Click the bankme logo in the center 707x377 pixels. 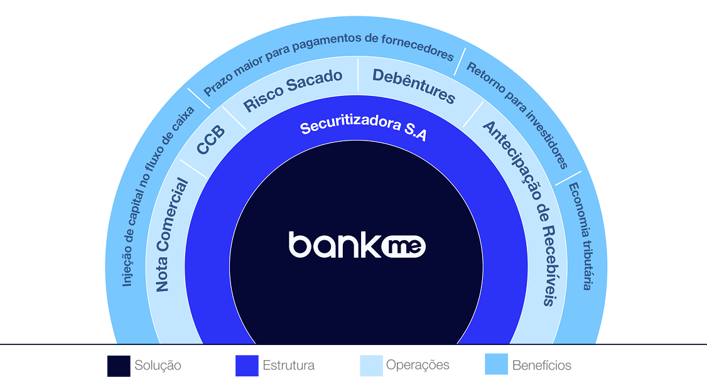click(x=357, y=245)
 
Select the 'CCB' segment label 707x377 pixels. click(x=210, y=140)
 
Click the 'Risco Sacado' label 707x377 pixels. click(x=293, y=90)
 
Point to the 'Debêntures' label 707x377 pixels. click(x=414, y=85)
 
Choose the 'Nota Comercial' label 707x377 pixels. click(x=172, y=235)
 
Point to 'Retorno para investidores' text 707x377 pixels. click(x=517, y=115)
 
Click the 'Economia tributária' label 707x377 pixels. click(x=581, y=236)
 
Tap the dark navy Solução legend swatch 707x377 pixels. click(x=119, y=366)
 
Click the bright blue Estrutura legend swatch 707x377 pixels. click(x=247, y=366)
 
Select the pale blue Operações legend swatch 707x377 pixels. click(x=371, y=366)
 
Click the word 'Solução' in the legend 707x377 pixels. click(x=158, y=365)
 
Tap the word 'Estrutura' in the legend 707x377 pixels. click(x=289, y=365)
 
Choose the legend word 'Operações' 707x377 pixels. click(x=418, y=365)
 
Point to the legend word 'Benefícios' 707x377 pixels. click(x=541, y=365)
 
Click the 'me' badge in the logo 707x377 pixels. click(x=404, y=247)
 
